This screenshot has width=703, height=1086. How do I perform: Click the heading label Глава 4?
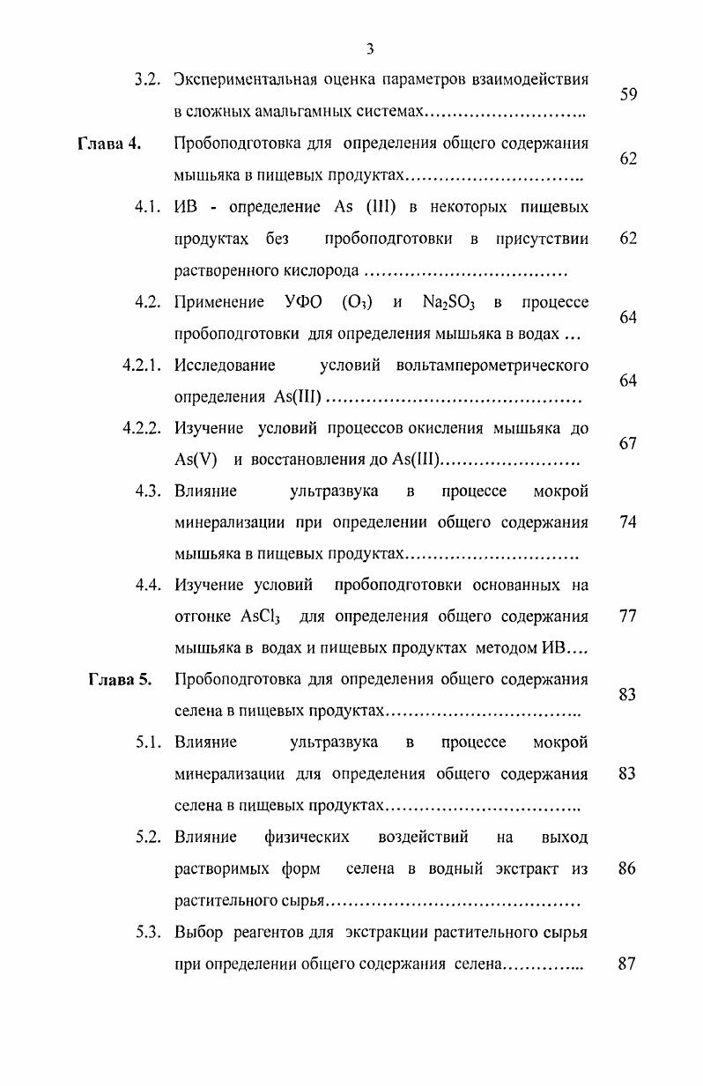pos(109,144)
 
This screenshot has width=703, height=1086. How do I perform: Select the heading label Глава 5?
pos(120,679)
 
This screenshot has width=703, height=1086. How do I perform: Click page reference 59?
pos(628,95)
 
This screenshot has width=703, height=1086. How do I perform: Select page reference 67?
pos(628,444)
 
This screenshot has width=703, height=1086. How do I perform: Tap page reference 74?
pos(628,522)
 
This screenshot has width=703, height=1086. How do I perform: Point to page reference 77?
pos(628,617)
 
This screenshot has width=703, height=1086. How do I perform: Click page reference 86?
pos(628,868)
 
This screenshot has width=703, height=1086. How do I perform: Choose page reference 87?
pos(628,964)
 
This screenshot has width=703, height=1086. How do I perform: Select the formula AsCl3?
pos(260,617)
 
